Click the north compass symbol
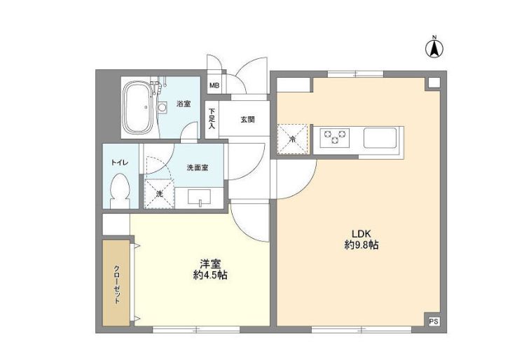(434, 48)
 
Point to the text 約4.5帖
(209, 276)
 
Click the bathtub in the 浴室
(139, 108)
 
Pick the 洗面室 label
(196, 167)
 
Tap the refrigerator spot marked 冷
(293, 138)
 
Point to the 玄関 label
(247, 119)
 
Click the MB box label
(214, 86)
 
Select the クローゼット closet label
(117, 282)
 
